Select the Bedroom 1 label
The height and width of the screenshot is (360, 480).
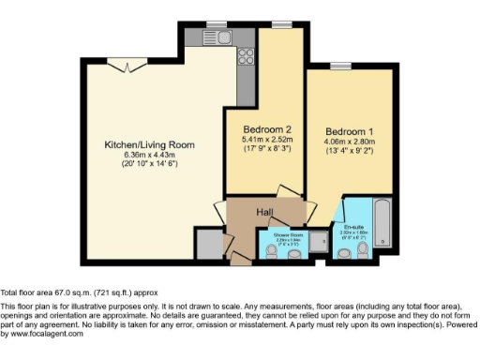pos(350,131)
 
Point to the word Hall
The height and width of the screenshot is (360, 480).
pos(265,213)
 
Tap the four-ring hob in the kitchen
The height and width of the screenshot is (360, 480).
pos(247,52)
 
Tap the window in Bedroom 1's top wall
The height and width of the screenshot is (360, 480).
pos(338,65)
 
